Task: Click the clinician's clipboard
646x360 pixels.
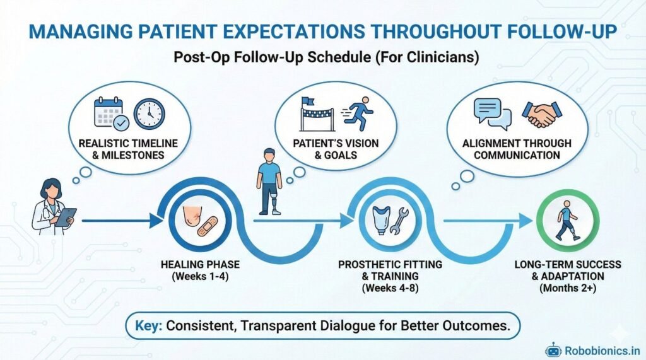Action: pyautogui.click(x=66, y=218)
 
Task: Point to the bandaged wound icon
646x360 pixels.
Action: pyautogui.click(x=201, y=221)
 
